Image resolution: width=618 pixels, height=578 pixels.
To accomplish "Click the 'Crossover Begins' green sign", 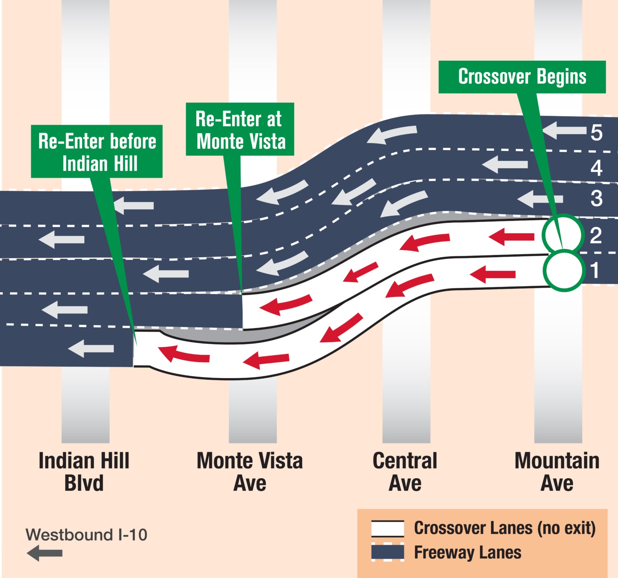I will [x=522, y=77].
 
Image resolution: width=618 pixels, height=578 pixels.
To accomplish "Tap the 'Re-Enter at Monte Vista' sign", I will [x=240, y=129].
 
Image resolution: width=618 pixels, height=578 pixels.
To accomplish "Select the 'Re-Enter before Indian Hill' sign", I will [x=97, y=152].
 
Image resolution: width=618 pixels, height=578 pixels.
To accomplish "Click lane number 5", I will [x=596, y=133].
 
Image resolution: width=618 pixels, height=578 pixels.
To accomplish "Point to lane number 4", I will [x=596, y=168].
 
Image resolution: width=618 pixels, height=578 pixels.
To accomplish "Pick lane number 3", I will [x=596, y=199].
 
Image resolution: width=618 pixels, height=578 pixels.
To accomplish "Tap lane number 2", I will [x=596, y=236].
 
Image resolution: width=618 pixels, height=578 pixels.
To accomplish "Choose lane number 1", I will [x=595, y=270].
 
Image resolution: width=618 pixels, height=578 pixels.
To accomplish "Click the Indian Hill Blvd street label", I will [x=84, y=472].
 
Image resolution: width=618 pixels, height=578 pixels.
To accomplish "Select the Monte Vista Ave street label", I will [x=249, y=472].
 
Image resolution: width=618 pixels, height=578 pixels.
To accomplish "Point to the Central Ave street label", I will [x=405, y=472].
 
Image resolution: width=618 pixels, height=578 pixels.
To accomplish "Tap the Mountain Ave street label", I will [x=557, y=472].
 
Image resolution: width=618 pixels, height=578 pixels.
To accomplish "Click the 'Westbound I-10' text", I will [x=86, y=535].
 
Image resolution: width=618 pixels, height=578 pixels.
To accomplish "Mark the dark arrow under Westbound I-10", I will [x=45, y=553].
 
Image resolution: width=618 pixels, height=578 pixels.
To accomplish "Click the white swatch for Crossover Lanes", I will [x=387, y=529].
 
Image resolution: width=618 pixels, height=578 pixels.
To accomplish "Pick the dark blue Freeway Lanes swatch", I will [x=387, y=552].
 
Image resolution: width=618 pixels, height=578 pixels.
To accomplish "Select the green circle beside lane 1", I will [x=564, y=271].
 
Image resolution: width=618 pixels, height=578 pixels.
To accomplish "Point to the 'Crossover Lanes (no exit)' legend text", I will [x=505, y=528].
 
